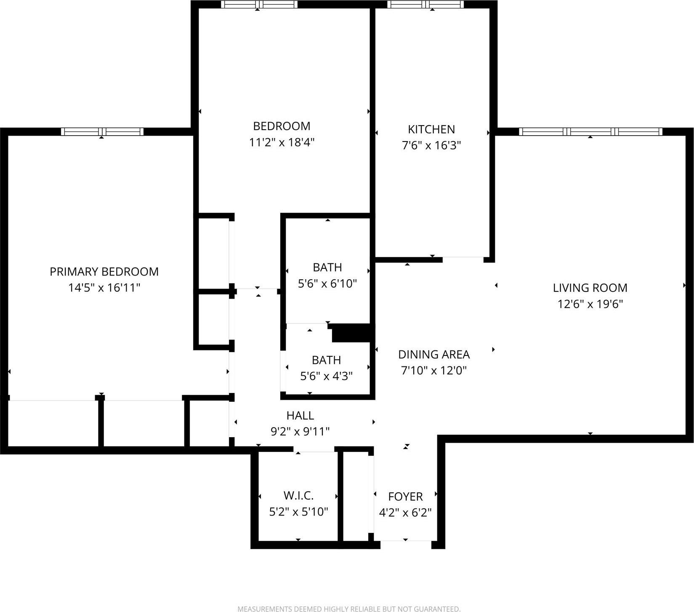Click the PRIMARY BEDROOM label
pyautogui.click(x=104, y=272)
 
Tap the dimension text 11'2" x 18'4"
pyautogui.click(x=282, y=142)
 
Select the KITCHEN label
pyautogui.click(x=431, y=129)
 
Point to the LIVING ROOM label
pyautogui.click(x=590, y=288)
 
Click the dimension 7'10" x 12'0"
pyautogui.click(x=433, y=371)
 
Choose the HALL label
pyautogui.click(x=300, y=416)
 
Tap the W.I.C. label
pyautogui.click(x=298, y=495)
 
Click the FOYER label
pyautogui.click(x=405, y=497)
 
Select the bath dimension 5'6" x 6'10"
pyautogui.click(x=327, y=284)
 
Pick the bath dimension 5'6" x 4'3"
pyautogui.click(x=326, y=376)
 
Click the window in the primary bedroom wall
pyautogui.click(x=102, y=132)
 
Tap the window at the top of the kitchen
pyautogui.click(x=425, y=5)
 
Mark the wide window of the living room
pyautogui.click(x=590, y=132)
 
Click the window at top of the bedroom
pyautogui.click(x=259, y=5)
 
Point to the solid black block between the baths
pyautogui.click(x=351, y=333)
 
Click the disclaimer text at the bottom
pyautogui.click(x=348, y=609)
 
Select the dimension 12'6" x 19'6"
pyautogui.click(x=590, y=304)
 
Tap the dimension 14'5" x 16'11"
pyautogui.click(x=104, y=288)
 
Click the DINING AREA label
pyautogui.click(x=433, y=355)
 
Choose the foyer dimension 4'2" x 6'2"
pyautogui.click(x=405, y=513)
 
